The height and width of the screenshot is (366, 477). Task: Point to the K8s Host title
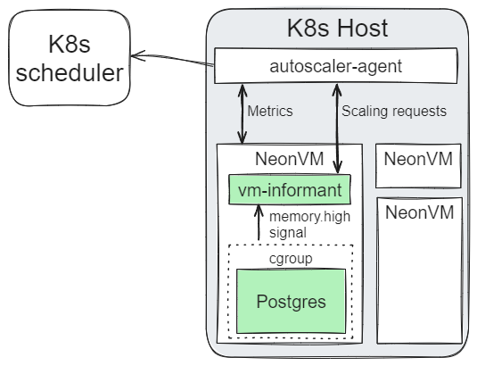337,28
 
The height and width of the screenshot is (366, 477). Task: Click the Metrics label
269,112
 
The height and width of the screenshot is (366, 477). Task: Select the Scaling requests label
394,112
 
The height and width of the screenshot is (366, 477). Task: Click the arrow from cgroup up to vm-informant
259,223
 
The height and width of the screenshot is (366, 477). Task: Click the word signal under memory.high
288,231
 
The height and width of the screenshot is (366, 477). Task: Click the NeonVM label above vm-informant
289,160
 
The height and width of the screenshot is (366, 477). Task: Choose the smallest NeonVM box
418,165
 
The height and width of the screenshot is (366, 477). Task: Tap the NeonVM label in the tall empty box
418,212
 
